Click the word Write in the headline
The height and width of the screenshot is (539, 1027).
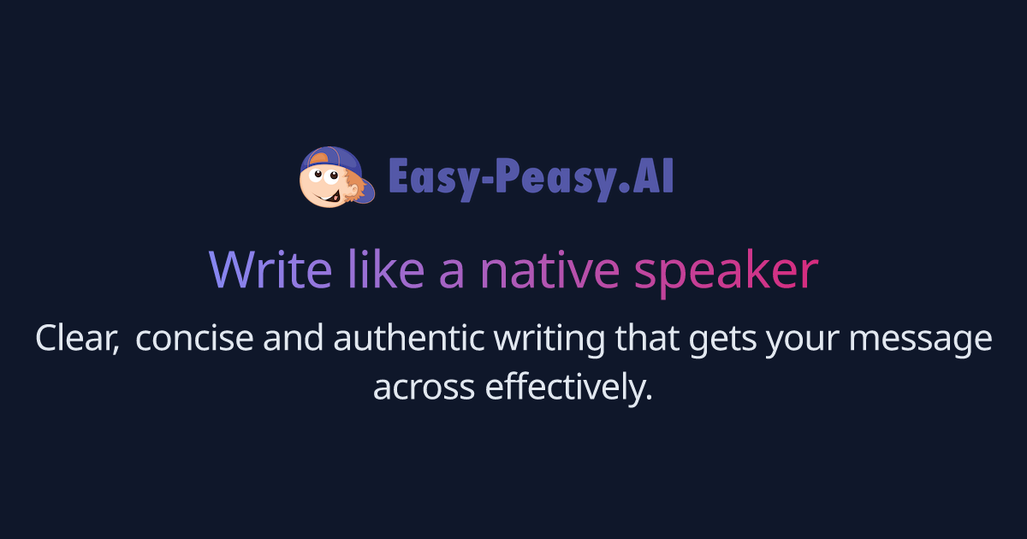pos(270,270)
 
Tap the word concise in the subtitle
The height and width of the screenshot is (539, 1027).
pos(194,339)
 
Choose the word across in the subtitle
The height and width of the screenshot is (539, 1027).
pos(424,388)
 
